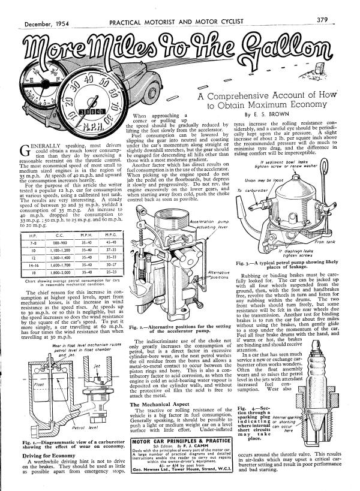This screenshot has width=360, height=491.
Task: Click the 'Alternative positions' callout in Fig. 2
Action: click(206, 274)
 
